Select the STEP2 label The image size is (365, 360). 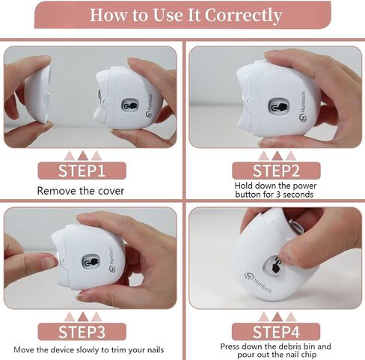(276, 170)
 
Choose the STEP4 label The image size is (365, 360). (276, 332)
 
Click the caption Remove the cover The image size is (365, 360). (81, 191)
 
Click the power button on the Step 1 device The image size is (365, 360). (130, 105)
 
